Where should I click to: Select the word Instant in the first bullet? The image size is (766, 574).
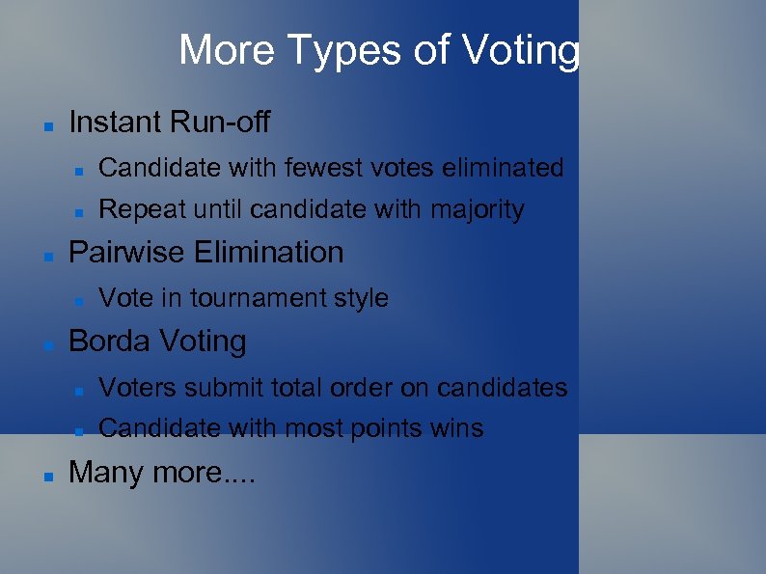click(116, 123)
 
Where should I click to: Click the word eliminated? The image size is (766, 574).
click(503, 168)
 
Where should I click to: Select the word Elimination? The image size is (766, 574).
click(269, 253)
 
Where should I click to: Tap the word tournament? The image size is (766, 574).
click(261, 298)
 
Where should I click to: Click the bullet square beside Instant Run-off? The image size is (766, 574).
click(47, 125)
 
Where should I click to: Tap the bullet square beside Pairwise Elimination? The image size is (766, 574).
click(47, 256)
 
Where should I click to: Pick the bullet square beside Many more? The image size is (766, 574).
click(47, 476)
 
